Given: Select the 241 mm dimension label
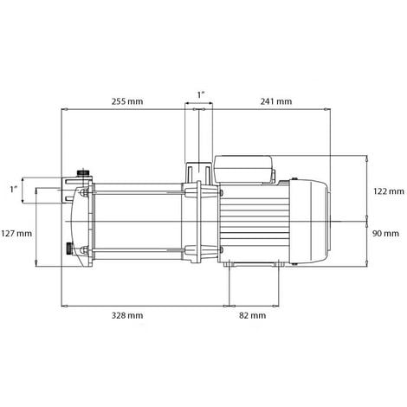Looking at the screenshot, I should [275, 100].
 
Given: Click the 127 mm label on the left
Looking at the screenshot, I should [17, 233].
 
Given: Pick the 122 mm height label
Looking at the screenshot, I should [387, 191].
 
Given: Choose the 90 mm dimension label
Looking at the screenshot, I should [385, 233].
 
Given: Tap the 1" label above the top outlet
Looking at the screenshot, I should [201, 93].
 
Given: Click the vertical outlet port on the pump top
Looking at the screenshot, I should [196, 170].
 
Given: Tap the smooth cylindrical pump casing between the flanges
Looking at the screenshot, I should [139, 222].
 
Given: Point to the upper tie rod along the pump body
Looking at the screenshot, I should [139, 188].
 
